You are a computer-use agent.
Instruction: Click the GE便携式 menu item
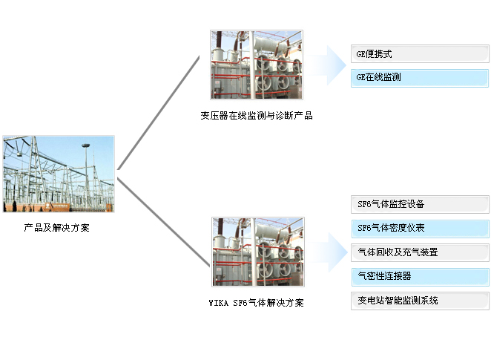[x=419, y=54]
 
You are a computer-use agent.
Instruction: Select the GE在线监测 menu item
[x=419, y=77]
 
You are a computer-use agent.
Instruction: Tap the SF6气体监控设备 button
[x=419, y=203]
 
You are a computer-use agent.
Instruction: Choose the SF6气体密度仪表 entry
[x=419, y=228]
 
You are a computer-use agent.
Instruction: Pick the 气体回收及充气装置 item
[x=419, y=252]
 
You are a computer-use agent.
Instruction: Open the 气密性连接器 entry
[x=419, y=276]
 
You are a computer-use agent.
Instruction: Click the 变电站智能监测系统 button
[x=419, y=301]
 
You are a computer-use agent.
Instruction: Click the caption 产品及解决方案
[x=57, y=228]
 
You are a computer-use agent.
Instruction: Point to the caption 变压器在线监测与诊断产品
[x=257, y=116]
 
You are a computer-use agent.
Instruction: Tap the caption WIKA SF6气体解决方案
[x=257, y=303]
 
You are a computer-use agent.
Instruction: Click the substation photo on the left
[x=58, y=174]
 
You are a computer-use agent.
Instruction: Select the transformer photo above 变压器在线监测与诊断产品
[x=257, y=65]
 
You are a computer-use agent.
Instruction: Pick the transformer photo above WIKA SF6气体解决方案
[x=257, y=252]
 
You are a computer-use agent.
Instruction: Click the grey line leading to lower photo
[x=163, y=222]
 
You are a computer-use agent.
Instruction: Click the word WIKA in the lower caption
[x=220, y=303]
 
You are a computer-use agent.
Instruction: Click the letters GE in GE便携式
[x=362, y=55]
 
